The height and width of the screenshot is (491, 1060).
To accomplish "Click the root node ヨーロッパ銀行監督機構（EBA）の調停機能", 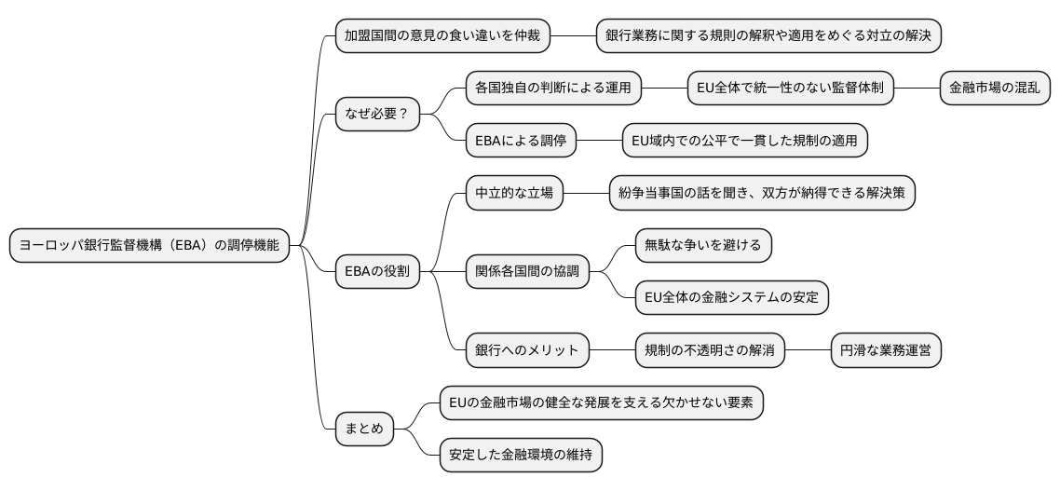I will [150, 246].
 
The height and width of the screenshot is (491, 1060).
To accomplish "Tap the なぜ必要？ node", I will [377, 115].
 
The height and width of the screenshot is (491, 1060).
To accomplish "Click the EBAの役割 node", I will [377, 272].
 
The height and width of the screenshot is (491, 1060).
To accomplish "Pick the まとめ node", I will [364, 430].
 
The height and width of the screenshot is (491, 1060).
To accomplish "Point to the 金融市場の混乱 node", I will [996, 89].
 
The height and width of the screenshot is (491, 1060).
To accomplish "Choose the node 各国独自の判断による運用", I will [553, 89].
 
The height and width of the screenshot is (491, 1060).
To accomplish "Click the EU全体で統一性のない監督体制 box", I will [791, 89].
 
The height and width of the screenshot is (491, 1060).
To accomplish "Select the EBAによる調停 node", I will [521, 141].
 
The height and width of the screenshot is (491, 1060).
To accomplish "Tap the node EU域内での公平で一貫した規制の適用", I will [745, 141].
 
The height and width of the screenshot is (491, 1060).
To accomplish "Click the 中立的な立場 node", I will [514, 194].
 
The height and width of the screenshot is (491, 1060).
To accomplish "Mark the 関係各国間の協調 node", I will [527, 272].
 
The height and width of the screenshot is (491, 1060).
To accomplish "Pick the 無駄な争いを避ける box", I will [703, 246].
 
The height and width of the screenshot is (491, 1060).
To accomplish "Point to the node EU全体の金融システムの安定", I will [731, 298].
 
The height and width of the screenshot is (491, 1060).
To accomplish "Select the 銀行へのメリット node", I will [527, 351].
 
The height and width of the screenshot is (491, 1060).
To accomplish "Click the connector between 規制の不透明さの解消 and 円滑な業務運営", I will [808, 351].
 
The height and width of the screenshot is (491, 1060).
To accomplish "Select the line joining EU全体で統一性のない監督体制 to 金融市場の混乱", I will [917, 89].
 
